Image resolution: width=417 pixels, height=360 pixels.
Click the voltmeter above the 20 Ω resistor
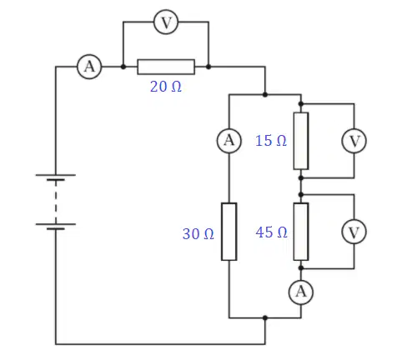166,22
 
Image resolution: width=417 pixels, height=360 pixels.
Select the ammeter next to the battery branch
89,67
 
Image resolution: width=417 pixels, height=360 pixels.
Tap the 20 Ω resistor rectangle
166,67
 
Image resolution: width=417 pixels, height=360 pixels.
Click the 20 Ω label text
166,87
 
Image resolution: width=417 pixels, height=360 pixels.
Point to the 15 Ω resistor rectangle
301,141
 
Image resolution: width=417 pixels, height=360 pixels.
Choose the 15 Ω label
271,141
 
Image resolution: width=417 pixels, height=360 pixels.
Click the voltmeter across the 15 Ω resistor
354,141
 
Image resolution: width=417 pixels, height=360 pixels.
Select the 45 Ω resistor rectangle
301,232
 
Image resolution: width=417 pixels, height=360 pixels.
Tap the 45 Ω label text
271,232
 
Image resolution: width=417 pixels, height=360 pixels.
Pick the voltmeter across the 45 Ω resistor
354,232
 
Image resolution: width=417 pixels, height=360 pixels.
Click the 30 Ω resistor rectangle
229,232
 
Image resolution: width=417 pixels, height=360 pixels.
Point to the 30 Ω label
198,234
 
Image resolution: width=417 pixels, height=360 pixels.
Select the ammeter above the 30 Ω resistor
229,141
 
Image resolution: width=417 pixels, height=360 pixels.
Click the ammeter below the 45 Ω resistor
301,292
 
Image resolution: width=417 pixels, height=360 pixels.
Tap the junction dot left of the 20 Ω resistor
123,67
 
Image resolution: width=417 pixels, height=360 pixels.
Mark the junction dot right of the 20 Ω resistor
208,67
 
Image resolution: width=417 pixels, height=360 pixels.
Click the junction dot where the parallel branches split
265,95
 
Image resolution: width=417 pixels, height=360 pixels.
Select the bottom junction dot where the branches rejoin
265,317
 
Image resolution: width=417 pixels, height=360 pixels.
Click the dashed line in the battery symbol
56,202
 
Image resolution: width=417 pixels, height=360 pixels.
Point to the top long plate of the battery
56,175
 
